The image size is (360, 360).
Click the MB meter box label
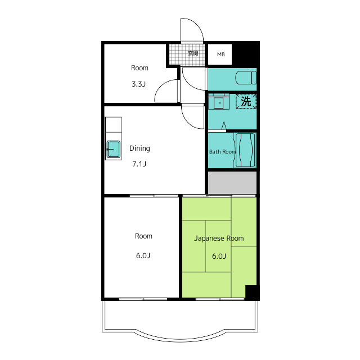pyautogui.click(x=221, y=55)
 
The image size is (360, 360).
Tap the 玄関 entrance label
pyautogui.click(x=193, y=53)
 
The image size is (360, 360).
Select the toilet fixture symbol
pyautogui.click(x=246, y=78)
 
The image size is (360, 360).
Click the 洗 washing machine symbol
pyautogui.click(x=246, y=101)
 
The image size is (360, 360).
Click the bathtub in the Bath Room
pyautogui.click(x=245, y=150)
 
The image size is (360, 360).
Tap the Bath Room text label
pyautogui.click(x=223, y=152)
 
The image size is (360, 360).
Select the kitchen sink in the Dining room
pyautogui.click(x=114, y=150)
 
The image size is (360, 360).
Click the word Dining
pyautogui.click(x=139, y=148)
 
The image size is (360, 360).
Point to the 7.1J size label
pyautogui.click(x=139, y=164)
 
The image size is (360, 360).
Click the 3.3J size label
pyautogui.click(x=139, y=84)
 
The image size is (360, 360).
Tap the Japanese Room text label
pyautogui.click(x=219, y=238)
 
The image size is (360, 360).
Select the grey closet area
pyautogui.click(x=232, y=183)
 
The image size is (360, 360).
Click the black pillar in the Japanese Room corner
pyautogui.click(x=252, y=292)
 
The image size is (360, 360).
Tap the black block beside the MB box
pyautogui.click(x=246, y=54)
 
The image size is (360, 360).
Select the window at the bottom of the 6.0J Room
pyautogui.click(x=143, y=299)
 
